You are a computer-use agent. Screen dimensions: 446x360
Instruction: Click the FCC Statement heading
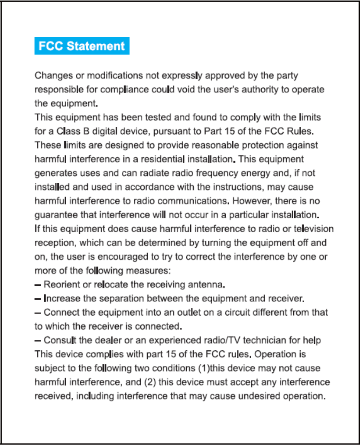82,46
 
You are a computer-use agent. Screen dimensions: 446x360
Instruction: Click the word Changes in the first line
54,76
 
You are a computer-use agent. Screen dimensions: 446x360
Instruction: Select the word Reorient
61,285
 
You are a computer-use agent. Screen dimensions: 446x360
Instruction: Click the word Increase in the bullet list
60,299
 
